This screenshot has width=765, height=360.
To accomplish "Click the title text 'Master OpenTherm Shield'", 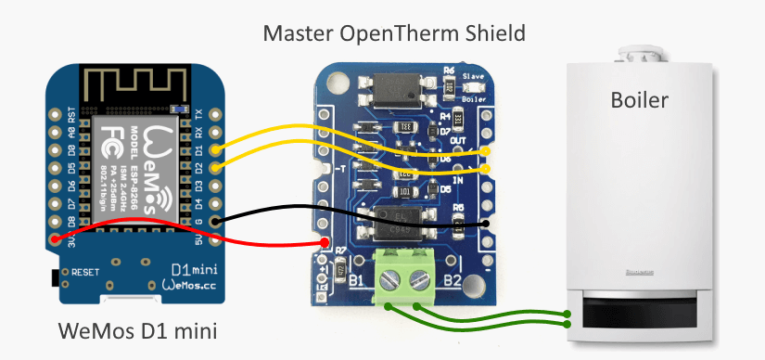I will [394, 34].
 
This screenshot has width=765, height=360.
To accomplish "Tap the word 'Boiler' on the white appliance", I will [639, 100].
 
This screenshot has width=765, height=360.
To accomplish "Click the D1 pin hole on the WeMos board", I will [215, 149].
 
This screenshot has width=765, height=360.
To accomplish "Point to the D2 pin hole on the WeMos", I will [215, 167].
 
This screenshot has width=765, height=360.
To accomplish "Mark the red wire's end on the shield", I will [325, 244].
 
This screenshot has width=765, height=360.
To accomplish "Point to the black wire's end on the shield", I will [486, 224].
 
